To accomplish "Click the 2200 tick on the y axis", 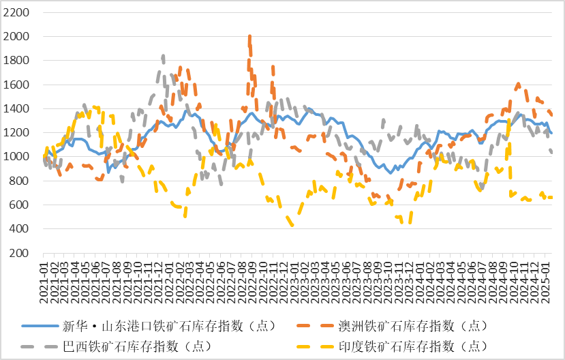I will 16,13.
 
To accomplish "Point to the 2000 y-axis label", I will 16,37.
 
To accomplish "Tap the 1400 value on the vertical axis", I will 16,109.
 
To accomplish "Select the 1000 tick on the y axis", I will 16,157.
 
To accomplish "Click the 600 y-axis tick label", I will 18,205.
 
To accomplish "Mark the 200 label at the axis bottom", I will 18,253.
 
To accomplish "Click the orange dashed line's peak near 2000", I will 249,37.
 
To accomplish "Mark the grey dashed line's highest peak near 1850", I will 163,56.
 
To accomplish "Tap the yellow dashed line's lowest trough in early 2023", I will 292,224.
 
